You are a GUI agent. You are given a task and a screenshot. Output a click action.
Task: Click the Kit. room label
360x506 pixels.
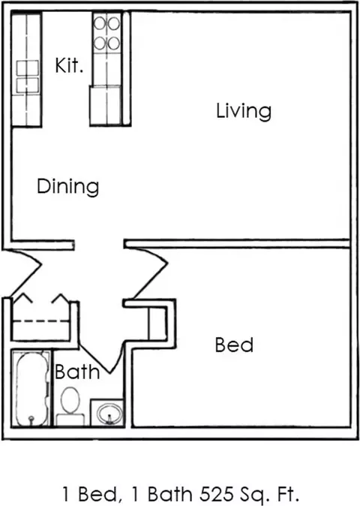pyautogui.click(x=69, y=65)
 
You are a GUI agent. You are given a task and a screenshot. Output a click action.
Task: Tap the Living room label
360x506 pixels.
pyautogui.click(x=244, y=111)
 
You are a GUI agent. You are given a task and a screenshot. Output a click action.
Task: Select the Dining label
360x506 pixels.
pyautogui.click(x=67, y=186)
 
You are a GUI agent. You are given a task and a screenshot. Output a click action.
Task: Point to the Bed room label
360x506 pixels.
pyautogui.click(x=234, y=345)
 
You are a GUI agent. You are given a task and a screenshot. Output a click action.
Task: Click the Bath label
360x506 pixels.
pyautogui.click(x=77, y=372)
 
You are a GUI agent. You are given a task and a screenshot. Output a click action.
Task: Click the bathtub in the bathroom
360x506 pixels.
pyautogui.click(x=31, y=389)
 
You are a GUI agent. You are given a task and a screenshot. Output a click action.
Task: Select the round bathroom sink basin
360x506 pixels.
pyautogui.click(x=110, y=414)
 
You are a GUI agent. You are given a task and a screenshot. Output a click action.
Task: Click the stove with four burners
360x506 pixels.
pyautogui.click(x=106, y=33)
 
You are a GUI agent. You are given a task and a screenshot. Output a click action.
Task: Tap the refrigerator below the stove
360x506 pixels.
pyautogui.click(x=106, y=105)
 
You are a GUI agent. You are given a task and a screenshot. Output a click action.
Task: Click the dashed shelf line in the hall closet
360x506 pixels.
pyautogui.click(x=41, y=321)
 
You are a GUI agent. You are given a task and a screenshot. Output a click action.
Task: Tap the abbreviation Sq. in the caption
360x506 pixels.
pyautogui.click(x=254, y=495)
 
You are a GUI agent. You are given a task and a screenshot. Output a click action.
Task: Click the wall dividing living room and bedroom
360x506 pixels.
pyautogui.click(x=237, y=244)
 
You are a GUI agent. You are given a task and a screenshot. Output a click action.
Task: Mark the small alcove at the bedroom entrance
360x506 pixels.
pyautogui.click(x=157, y=324)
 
